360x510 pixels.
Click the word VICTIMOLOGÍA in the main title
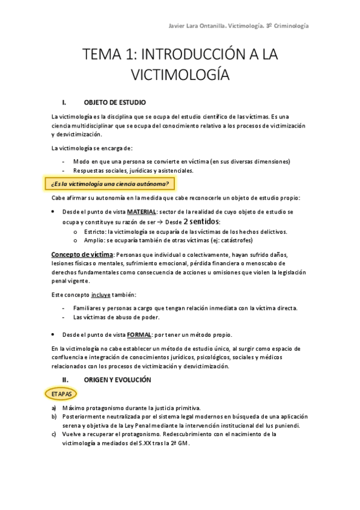pyautogui.click(x=180, y=75)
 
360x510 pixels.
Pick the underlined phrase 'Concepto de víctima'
pyautogui.click(x=82, y=254)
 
